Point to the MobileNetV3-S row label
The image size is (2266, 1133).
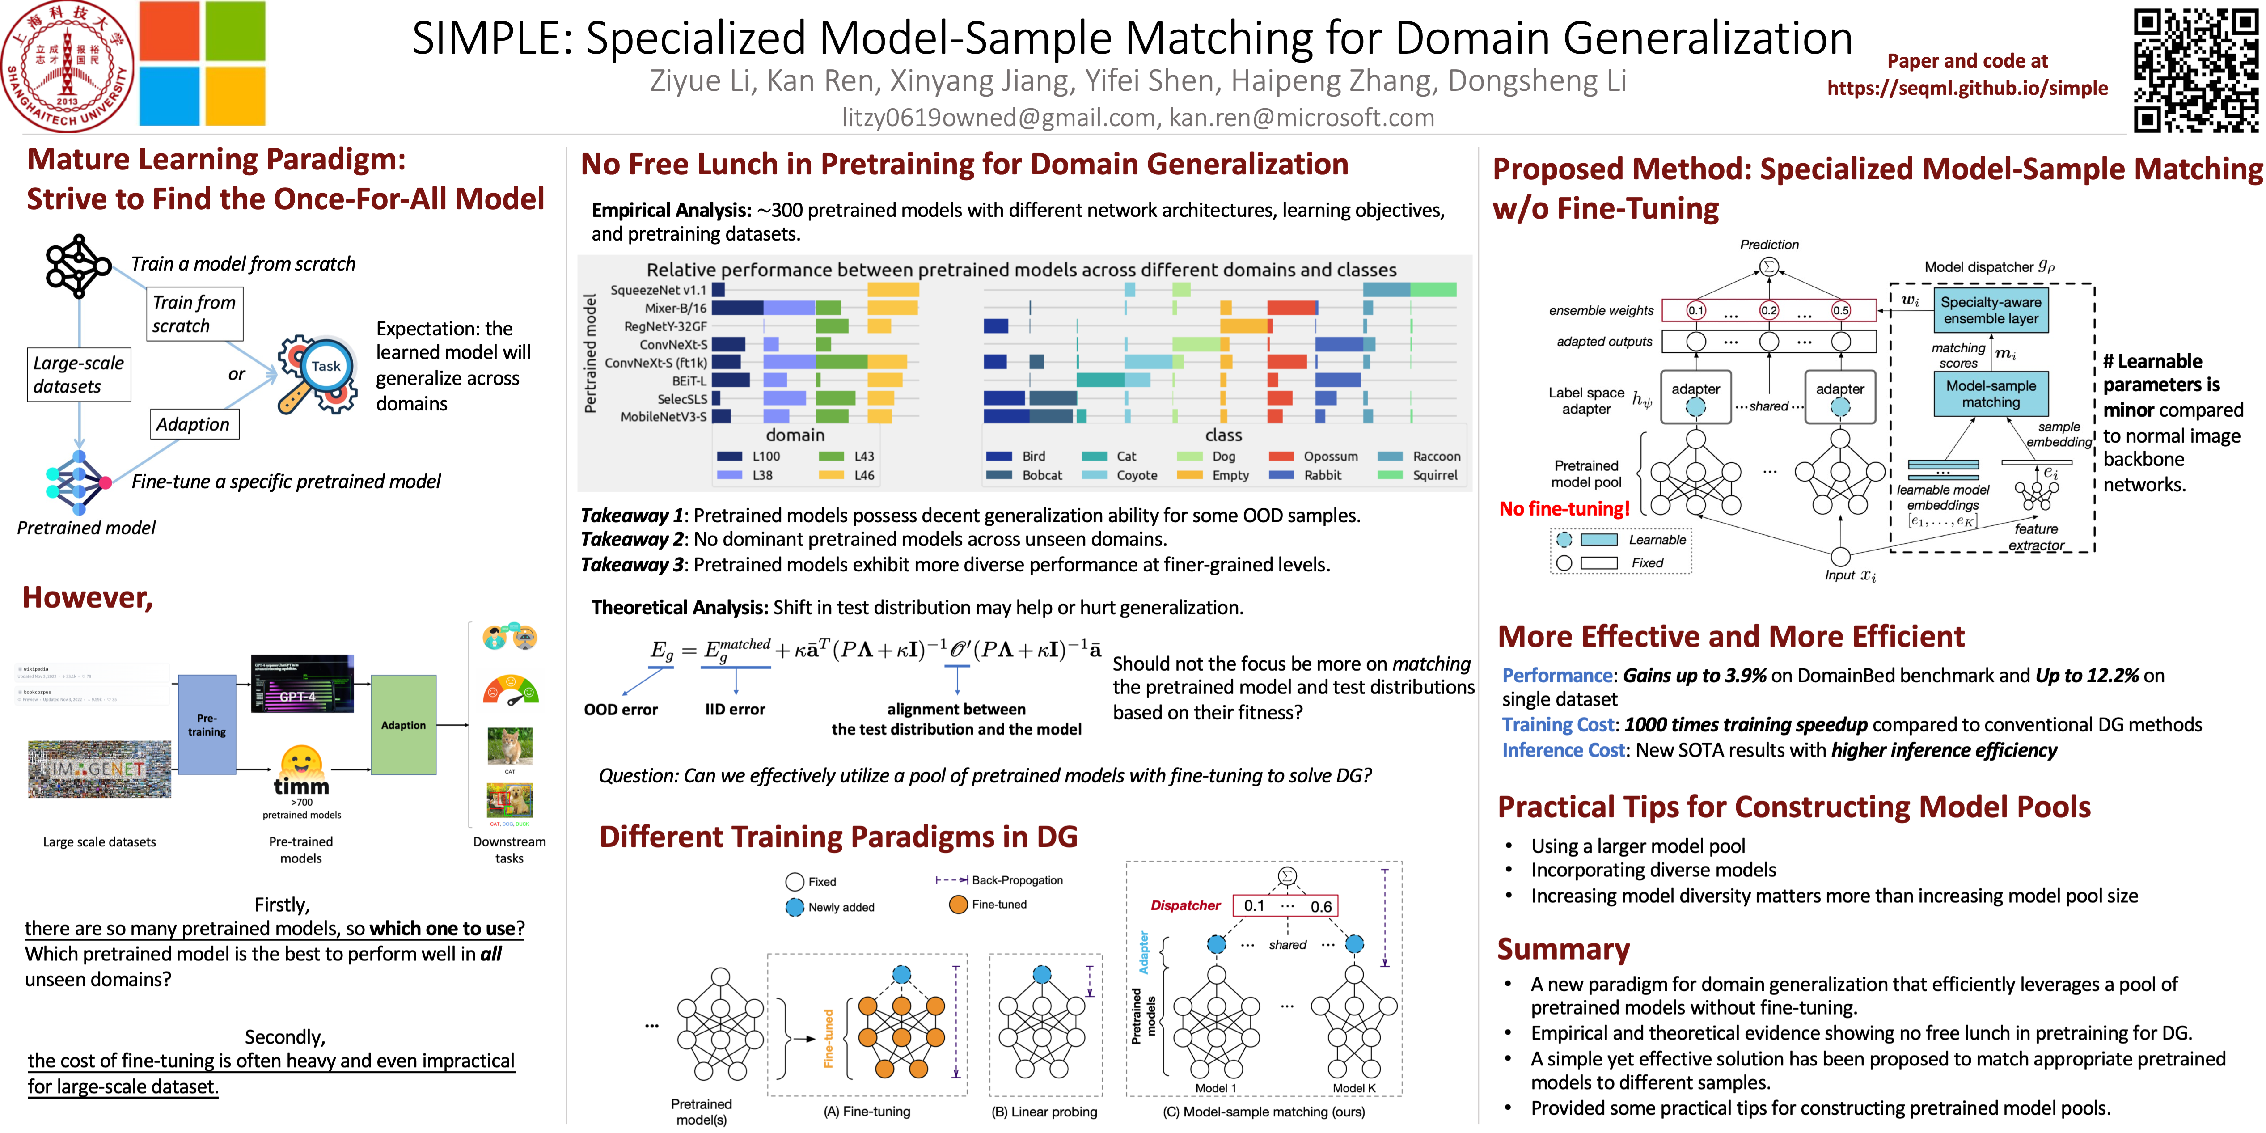point(663,417)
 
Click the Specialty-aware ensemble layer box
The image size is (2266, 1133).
point(1991,310)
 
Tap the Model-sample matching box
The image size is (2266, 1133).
point(1991,394)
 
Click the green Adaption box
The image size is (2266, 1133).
point(403,725)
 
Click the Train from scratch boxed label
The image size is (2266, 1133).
point(194,314)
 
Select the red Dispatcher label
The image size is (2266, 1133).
point(1185,905)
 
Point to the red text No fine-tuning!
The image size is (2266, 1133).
point(1564,508)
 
